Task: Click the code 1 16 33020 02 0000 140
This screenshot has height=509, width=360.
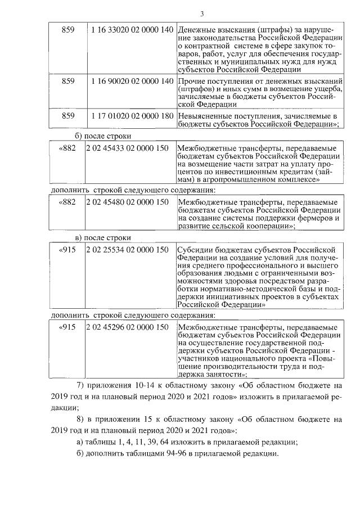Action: pos(131,29)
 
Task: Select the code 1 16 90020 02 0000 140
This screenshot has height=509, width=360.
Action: pos(131,81)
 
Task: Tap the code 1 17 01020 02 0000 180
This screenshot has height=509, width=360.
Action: pos(131,115)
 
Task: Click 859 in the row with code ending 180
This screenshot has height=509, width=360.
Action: pos(67,115)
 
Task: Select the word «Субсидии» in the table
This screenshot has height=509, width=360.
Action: pos(193,250)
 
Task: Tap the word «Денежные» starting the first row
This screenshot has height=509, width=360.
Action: pos(196,29)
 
